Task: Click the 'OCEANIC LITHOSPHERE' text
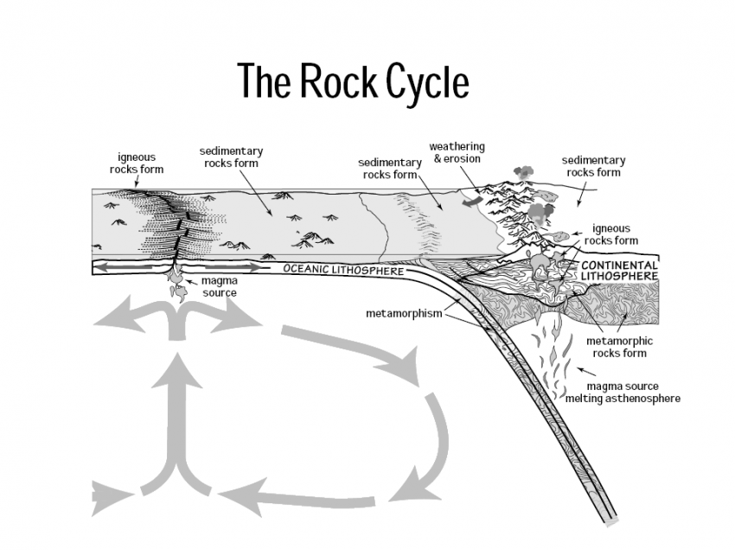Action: click(343, 270)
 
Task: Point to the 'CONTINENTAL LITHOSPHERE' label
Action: click(619, 270)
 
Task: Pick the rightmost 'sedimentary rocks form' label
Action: click(593, 166)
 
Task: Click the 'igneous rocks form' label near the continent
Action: click(611, 234)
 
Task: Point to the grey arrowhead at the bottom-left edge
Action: click(108, 499)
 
